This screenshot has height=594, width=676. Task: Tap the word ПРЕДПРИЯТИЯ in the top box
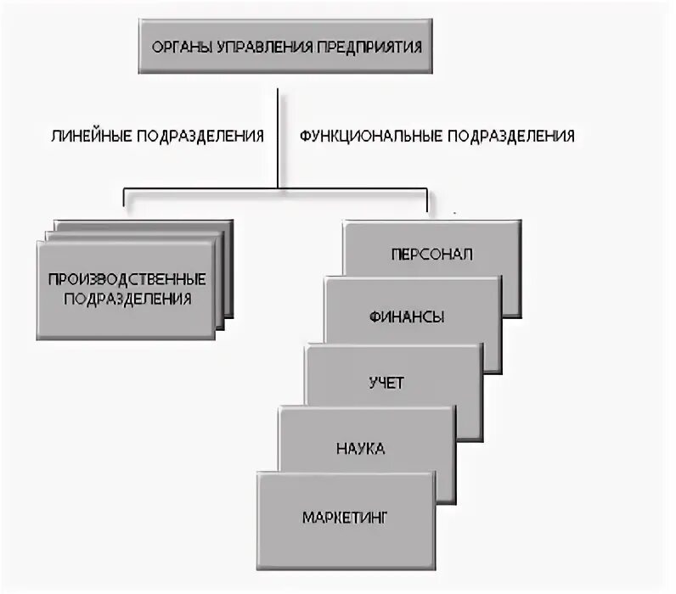click(370, 47)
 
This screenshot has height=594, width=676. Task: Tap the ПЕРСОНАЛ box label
click(432, 254)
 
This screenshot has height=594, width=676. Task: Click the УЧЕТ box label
click(386, 383)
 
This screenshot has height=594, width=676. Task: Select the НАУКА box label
click(361, 448)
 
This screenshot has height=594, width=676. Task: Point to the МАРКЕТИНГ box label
click(344, 515)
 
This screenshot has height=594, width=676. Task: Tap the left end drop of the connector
click(125, 198)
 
